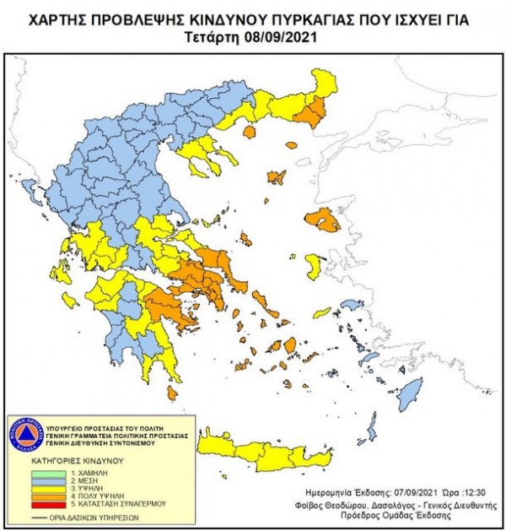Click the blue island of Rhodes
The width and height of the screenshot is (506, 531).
[412, 393]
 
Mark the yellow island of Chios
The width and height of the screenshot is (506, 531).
[313, 268]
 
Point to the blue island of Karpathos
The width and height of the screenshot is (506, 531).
[368, 427]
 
